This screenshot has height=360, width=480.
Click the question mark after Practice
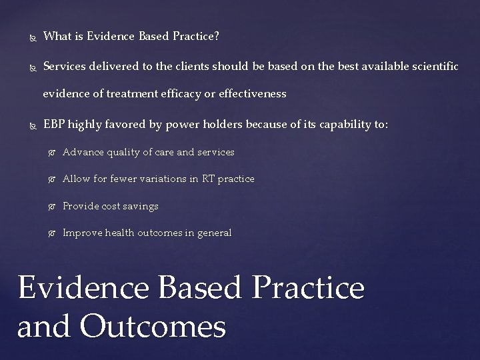pos(217,36)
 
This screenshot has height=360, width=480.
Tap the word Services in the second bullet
pos(64,66)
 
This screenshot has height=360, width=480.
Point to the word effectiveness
pos(253,93)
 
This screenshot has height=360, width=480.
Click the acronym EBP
pos(54,124)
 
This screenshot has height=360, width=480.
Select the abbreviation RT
pos(208,179)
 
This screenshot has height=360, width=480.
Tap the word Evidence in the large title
pos(83,287)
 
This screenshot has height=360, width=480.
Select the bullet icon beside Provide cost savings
pos(52,207)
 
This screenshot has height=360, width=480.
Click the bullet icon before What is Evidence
pos(33,38)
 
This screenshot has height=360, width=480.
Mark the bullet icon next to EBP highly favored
pos(33,126)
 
